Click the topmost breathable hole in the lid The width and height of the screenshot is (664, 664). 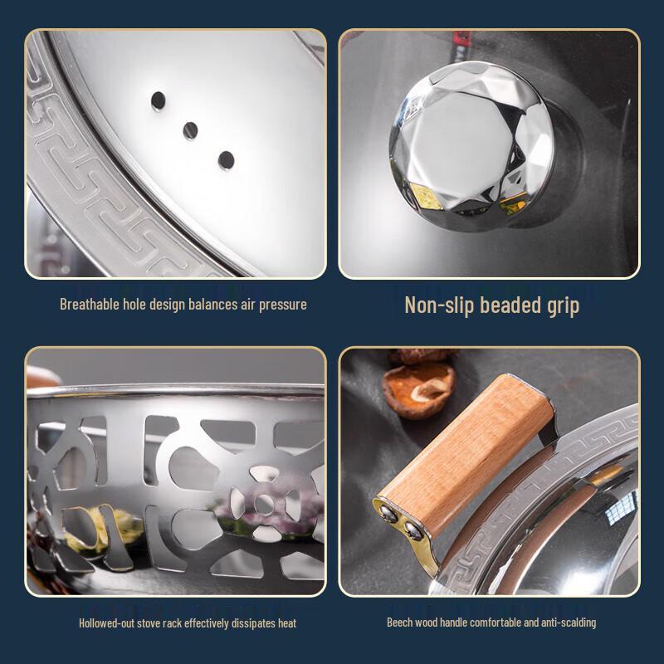(x=159, y=100)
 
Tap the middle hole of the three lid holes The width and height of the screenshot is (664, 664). (x=191, y=130)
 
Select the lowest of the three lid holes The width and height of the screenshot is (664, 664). (x=226, y=160)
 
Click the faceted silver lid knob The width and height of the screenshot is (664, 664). (x=471, y=146)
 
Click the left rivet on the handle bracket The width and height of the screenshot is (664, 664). (x=388, y=513)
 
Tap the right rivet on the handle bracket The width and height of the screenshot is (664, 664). (x=413, y=530)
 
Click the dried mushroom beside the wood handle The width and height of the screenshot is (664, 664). (x=419, y=389)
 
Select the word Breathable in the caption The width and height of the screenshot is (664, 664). (x=90, y=304)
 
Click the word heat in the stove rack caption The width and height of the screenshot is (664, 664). (x=287, y=623)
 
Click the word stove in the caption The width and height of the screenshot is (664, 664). (x=148, y=623)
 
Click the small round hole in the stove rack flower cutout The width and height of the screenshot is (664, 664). (x=264, y=504)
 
